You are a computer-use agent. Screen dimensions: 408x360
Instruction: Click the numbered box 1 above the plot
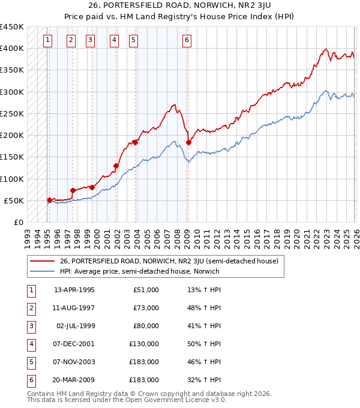pyautogui.click(x=48, y=40)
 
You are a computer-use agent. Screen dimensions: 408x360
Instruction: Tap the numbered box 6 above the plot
pyautogui.click(x=187, y=40)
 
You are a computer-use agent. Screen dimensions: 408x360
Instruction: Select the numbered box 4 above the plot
pyautogui.click(x=114, y=40)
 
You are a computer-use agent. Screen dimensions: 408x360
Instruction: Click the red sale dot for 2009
pyautogui.click(x=188, y=142)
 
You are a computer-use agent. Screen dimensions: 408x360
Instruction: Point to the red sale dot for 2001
pyautogui.click(x=116, y=166)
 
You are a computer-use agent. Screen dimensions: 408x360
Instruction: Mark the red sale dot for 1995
pyautogui.click(x=49, y=200)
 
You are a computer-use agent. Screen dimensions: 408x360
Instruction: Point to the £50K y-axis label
pyautogui.click(x=14, y=200)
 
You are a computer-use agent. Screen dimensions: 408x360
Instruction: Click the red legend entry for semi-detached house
pyautogui.click(x=169, y=261)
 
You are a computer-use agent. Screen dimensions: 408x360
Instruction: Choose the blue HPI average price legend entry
pyautogui.click(x=139, y=271)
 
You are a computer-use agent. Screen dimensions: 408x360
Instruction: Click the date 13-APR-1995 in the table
pyautogui.click(x=74, y=290)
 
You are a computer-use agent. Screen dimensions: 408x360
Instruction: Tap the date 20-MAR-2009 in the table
pyautogui.click(x=74, y=380)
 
